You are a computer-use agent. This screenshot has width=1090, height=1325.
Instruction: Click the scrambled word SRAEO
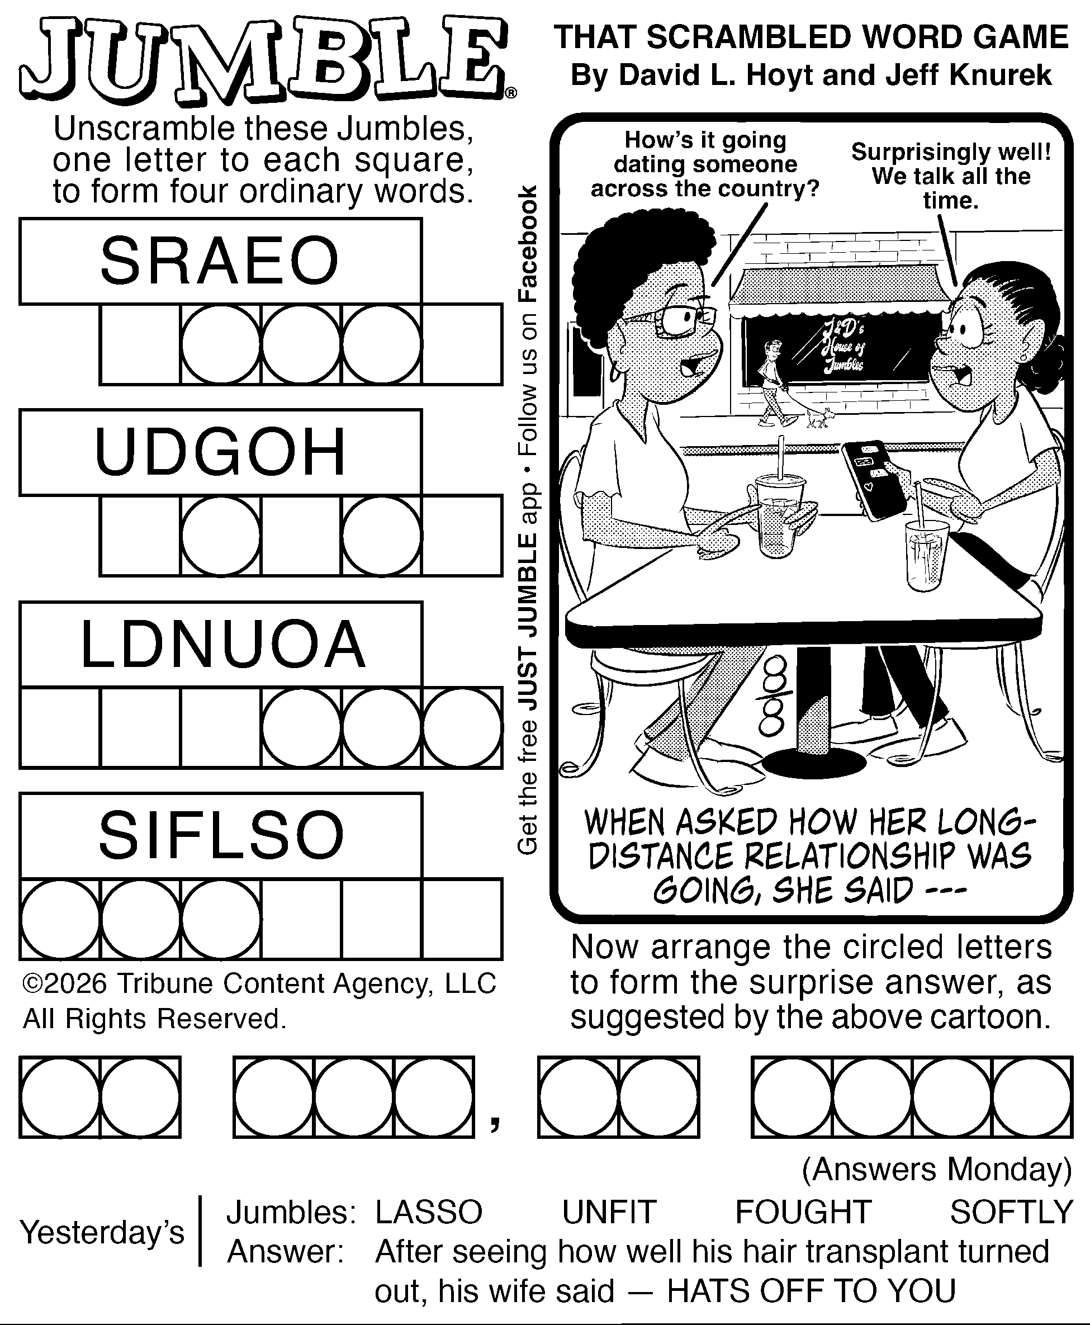[x=219, y=261]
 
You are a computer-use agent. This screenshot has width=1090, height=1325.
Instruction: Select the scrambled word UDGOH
[x=220, y=452]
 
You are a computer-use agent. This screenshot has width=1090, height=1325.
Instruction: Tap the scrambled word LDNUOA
[x=223, y=644]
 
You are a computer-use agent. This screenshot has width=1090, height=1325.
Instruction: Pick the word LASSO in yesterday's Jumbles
[x=429, y=1212]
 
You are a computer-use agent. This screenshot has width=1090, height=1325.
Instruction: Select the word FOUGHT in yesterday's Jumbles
[x=803, y=1212]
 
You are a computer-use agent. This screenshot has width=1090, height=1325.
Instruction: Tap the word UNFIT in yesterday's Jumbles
[x=609, y=1212]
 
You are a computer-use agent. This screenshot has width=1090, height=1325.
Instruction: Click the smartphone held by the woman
[x=875, y=480]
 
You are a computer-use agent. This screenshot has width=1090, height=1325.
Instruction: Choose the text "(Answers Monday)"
[x=937, y=1169]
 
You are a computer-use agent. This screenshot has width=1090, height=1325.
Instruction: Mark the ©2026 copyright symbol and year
[x=65, y=983]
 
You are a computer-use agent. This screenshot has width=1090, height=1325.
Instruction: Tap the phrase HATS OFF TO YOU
[x=811, y=1291]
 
